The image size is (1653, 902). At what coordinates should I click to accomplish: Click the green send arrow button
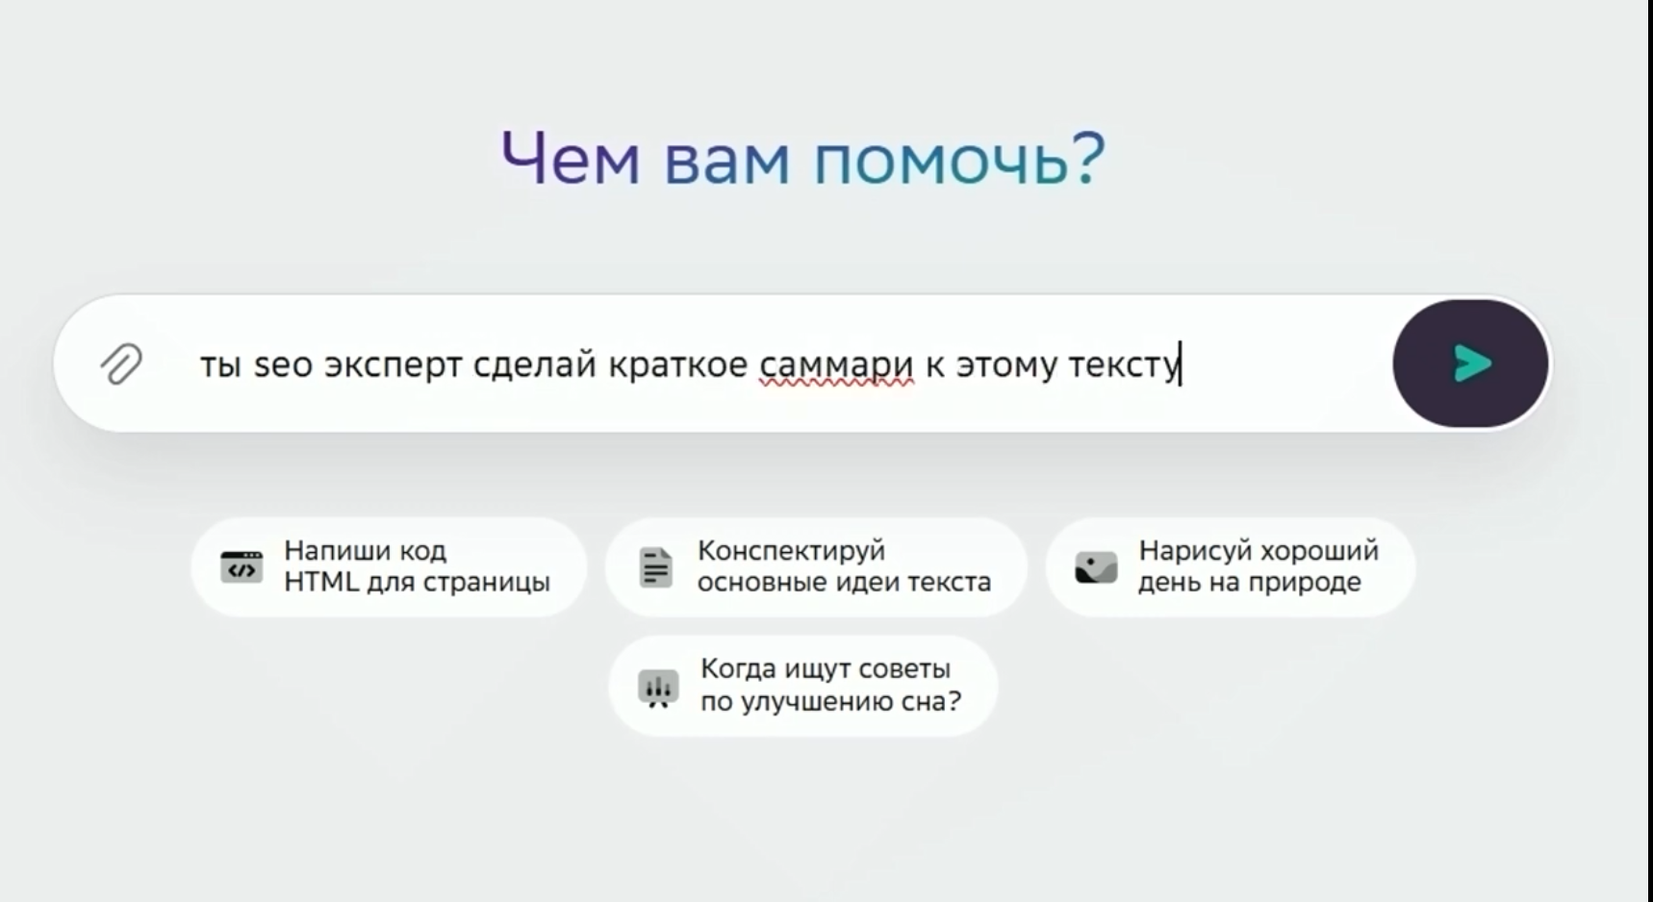coord(1470,363)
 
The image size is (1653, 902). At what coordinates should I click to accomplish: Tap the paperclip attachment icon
coord(121,363)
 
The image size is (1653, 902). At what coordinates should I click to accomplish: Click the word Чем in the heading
coord(571,159)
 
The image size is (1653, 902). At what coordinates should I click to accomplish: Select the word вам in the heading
coord(727,161)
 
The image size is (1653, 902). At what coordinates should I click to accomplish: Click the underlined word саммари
coord(836,364)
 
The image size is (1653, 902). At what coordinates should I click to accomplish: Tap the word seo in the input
coord(283,365)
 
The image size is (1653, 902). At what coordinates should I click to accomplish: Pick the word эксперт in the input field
coord(394,366)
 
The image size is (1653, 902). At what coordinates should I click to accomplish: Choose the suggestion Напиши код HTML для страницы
coord(389,567)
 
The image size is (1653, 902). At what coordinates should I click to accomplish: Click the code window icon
coord(242,567)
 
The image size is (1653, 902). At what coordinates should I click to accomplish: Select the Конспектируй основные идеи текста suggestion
coord(816,567)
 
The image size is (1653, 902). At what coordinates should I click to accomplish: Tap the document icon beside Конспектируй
coord(656,567)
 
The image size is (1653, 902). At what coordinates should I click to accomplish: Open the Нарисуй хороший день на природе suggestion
coord(1231,567)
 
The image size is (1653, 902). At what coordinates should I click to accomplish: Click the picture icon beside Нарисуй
coord(1096,567)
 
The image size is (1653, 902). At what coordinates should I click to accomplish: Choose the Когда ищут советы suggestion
coord(802,686)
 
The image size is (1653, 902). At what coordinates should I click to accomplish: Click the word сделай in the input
coord(535,365)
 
